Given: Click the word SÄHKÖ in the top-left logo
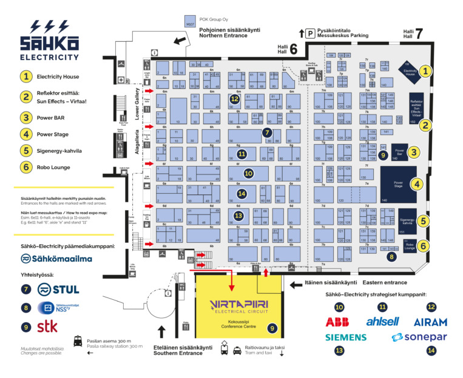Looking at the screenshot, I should (49, 44).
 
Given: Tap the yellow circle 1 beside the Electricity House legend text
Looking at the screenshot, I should (25, 76).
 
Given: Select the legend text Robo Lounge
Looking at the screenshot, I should (53, 167).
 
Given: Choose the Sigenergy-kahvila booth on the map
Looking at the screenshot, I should (407, 221).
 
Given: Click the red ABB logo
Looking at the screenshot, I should (338, 322).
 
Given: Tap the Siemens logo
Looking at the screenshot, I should (346, 337).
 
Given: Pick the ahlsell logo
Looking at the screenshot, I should (382, 322).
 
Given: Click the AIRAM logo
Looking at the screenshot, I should (430, 322).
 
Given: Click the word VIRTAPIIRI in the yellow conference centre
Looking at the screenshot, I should (237, 302).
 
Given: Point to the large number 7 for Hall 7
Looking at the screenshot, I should (418, 34).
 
